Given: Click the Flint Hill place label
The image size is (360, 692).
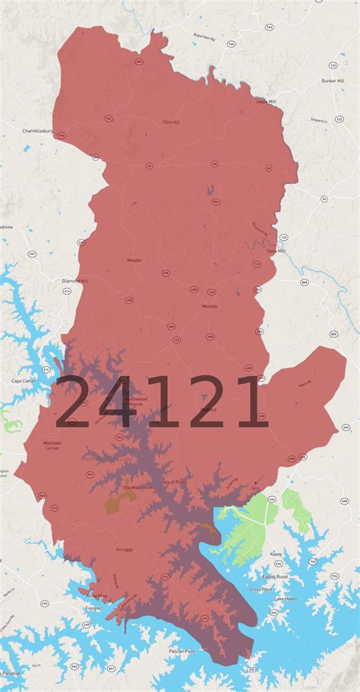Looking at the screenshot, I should [172, 122].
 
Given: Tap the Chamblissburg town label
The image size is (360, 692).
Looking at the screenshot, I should [37, 131].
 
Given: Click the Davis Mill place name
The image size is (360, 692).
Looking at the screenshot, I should [276, 251].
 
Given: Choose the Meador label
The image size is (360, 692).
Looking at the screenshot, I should [134, 260].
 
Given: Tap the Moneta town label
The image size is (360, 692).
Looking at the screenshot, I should [209, 306].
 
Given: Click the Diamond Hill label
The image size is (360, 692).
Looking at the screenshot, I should [75, 281].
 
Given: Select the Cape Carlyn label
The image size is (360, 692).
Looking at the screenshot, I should [24, 381].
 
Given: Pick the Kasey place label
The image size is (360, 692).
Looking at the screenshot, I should [276, 555].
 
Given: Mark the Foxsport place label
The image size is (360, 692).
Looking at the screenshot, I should [93, 608].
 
